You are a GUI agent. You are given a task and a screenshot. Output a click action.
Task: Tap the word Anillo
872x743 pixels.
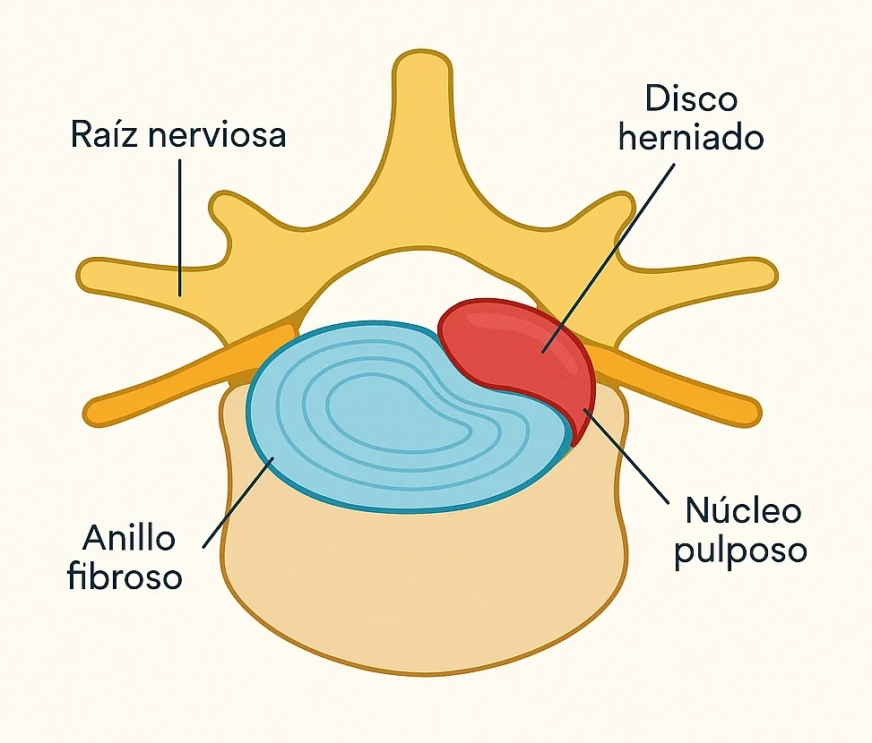[130, 539]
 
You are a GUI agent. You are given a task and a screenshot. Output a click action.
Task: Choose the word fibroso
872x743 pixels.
[125, 577]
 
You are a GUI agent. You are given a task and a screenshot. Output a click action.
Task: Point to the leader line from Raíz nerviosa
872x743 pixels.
[180, 224]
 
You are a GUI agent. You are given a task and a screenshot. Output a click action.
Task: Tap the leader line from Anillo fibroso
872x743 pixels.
[237, 501]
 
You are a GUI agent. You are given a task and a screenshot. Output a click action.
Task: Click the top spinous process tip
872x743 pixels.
[422, 67]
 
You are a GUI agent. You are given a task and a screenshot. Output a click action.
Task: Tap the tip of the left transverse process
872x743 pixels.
[90, 274]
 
